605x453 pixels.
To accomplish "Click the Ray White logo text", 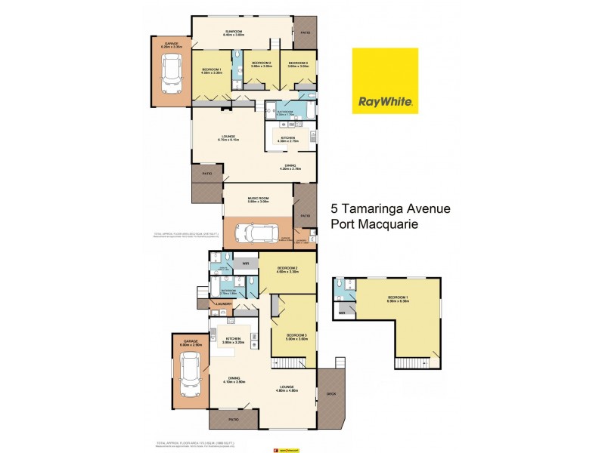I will [x=385, y=100].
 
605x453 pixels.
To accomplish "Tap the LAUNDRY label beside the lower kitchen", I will [x=223, y=304].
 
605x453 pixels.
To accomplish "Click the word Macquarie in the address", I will [x=395, y=224].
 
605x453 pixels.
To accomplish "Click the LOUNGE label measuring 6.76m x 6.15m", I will [x=228, y=137].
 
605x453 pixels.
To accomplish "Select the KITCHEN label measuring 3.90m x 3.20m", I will [x=232, y=339].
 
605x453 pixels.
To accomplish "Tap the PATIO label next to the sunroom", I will [x=306, y=33].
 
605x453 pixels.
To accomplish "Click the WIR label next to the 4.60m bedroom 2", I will [x=246, y=263].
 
